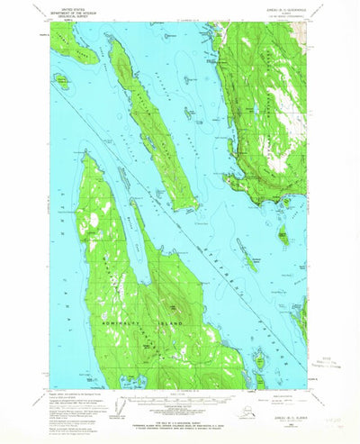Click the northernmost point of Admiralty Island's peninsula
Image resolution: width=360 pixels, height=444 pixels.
(86, 154)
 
